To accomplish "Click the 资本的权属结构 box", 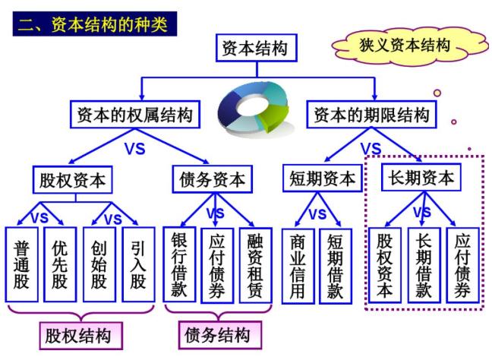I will [x=135, y=115].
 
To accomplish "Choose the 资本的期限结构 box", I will [x=372, y=115].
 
